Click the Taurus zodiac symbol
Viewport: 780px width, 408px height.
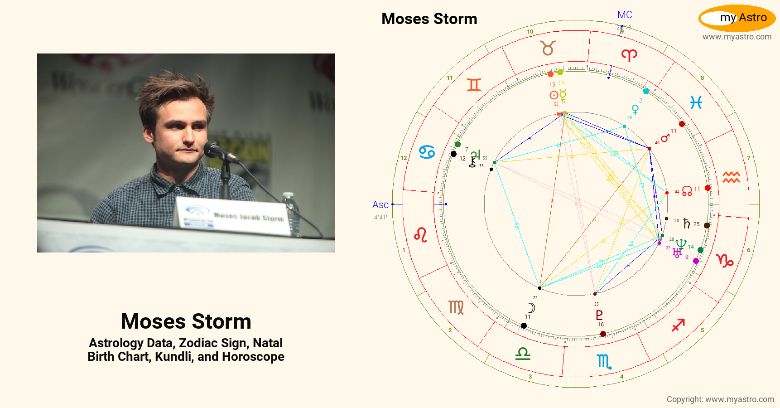pos(548,48)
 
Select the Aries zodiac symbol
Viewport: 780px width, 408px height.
pos(629,55)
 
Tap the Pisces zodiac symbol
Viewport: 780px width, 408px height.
pos(696,103)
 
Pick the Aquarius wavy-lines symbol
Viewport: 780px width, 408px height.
pos(731,177)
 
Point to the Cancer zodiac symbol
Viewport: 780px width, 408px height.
pos(427,152)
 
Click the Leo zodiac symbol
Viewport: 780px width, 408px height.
pos(420,235)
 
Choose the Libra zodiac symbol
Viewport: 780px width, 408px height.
pos(523,353)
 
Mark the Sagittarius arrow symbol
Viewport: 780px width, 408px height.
pos(678,325)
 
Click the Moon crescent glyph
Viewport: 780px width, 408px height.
pos(532,308)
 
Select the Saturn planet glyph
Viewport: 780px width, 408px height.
pos(687,223)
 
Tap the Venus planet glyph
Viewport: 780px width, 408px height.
pos(636,109)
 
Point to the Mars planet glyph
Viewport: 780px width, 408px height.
pos(665,138)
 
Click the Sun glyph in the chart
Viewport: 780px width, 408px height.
pos(554,95)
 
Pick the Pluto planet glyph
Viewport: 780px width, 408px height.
pos(599,315)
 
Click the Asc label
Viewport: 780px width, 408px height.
pos(380,205)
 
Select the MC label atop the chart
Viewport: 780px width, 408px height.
pos(625,15)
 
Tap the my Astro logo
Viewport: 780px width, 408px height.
pos(737,18)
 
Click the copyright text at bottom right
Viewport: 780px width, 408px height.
pos(720,399)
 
